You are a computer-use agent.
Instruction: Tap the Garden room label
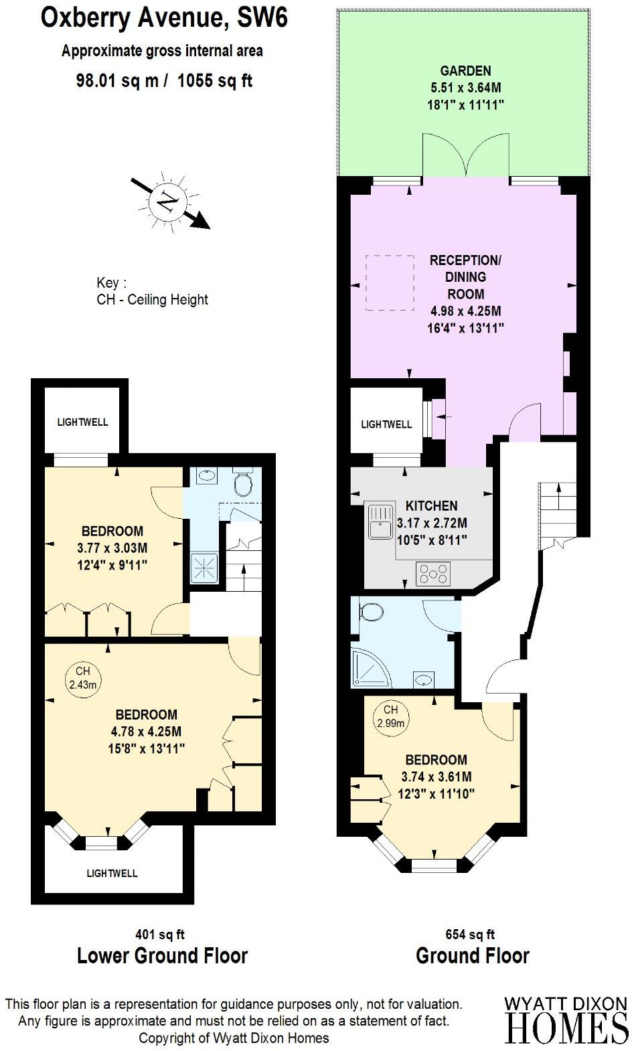pos(465,71)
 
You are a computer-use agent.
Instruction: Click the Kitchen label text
pos(431,506)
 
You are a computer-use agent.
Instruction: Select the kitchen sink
pos(380,521)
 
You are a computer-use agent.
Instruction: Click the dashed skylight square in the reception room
pos(390,283)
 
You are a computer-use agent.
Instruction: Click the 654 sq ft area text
pos(470,935)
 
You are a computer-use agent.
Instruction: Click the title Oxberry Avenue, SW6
pos(165,18)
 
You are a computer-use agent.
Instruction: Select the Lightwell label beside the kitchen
pos(386,424)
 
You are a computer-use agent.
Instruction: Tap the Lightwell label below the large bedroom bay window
pos(112,873)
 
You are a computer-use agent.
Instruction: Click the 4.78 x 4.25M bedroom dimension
pos(146,731)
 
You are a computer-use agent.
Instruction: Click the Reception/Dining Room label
pos(466,276)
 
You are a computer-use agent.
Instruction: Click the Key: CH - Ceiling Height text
pos(152,292)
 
